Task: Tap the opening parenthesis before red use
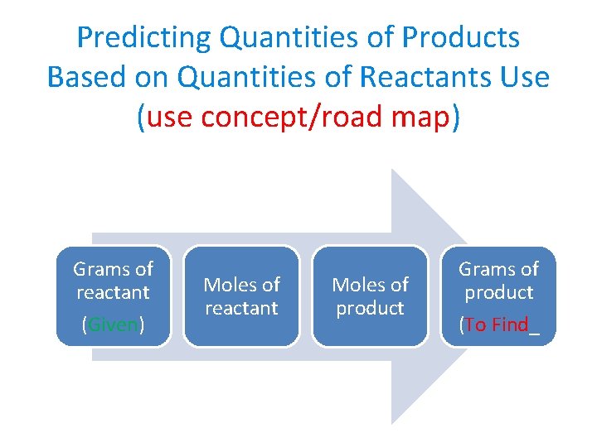[141, 117]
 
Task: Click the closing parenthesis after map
[455, 117]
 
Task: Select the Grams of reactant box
[113, 296]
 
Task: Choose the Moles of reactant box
[241, 296]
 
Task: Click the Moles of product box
[370, 296]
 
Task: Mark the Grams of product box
[498, 296]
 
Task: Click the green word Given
[113, 324]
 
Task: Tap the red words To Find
[496, 324]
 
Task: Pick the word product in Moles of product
[370, 308]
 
